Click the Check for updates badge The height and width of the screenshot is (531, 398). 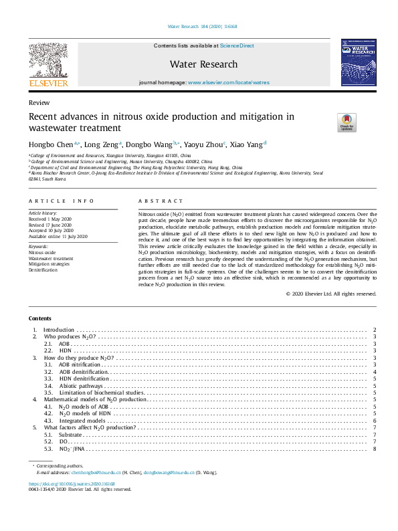328,122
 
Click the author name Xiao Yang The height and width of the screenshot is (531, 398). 247,144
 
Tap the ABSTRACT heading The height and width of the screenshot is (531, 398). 161,201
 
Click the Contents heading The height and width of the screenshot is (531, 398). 39,318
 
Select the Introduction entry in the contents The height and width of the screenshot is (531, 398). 59,330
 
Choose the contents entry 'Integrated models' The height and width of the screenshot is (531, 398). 82,420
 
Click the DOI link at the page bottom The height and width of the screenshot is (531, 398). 72,484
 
